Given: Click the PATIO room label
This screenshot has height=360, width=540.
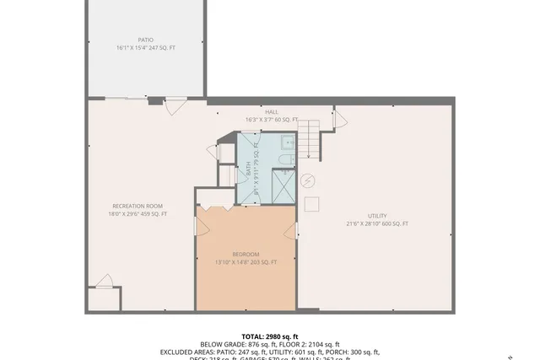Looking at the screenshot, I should [146, 40].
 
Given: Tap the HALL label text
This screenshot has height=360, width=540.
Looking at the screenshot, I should [272, 112].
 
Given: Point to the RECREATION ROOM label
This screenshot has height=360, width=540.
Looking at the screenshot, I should [138, 206].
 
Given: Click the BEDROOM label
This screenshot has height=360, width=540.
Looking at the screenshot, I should [246, 254].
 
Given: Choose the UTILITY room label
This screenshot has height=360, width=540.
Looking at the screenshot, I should [376, 216].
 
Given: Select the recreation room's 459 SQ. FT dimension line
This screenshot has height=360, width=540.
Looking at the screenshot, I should [138, 214].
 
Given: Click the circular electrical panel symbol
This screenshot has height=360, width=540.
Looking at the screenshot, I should [307, 180].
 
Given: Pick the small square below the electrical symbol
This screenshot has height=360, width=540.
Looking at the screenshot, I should [310, 203].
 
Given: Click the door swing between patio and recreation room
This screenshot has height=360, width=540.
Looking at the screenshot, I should [175, 106].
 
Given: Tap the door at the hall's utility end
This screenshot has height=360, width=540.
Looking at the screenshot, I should [340, 118].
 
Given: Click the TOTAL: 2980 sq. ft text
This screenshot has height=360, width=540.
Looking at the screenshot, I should [270, 336].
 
